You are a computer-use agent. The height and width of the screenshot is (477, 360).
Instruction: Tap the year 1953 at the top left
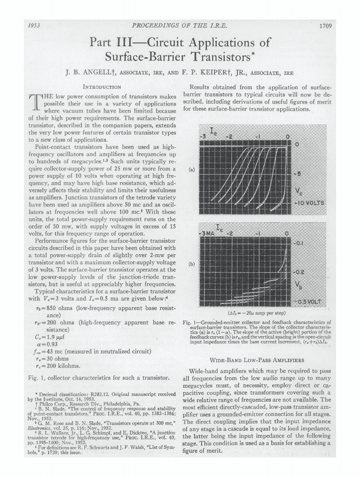(x=33, y=26)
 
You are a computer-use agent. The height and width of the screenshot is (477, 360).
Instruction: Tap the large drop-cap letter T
(x=35, y=104)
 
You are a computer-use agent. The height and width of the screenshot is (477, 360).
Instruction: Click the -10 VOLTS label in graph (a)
(x=309, y=203)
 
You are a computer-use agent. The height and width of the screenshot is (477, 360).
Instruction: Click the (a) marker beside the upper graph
(x=191, y=169)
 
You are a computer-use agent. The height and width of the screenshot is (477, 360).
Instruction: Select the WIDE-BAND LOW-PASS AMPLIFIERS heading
(x=257, y=359)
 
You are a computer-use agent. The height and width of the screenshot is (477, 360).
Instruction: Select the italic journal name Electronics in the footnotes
(x=40, y=436)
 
